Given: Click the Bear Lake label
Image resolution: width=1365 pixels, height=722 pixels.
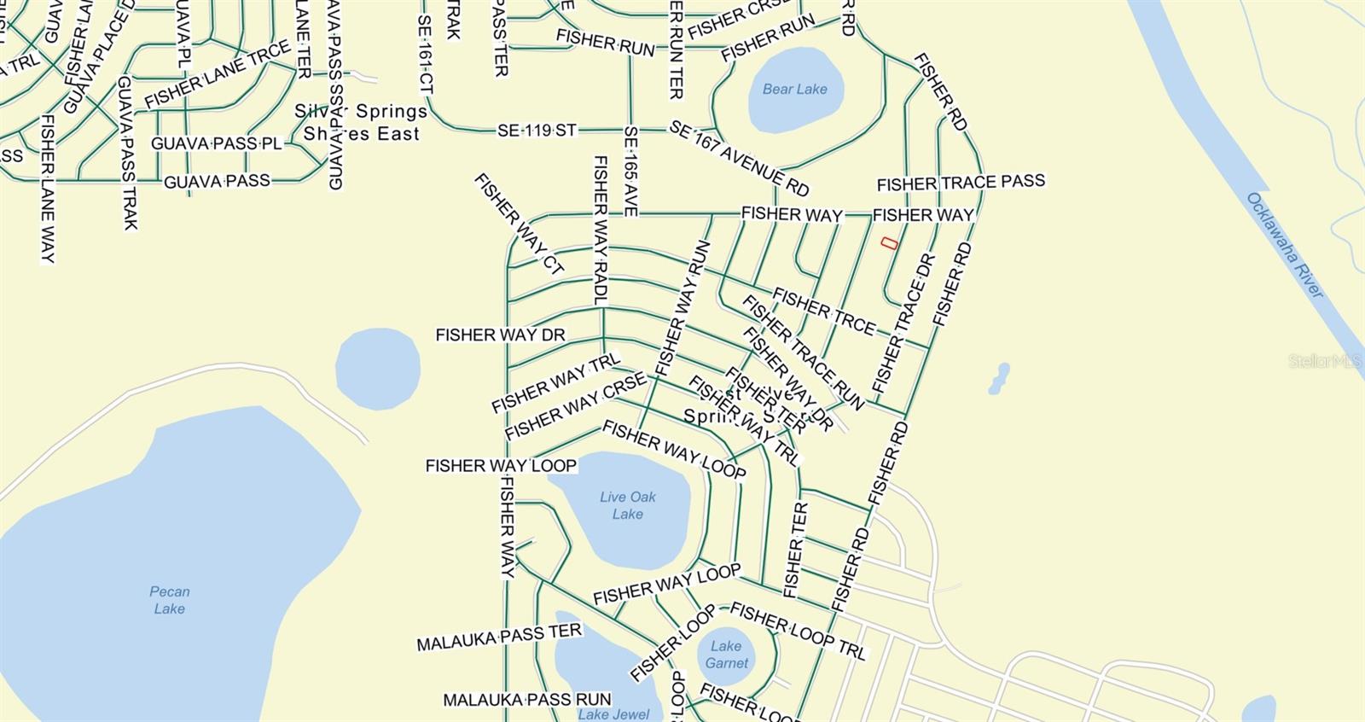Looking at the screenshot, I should (x=794, y=89).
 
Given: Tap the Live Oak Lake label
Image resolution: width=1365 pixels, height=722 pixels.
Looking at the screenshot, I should (x=627, y=505).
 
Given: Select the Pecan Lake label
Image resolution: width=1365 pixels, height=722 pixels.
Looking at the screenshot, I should (x=169, y=600).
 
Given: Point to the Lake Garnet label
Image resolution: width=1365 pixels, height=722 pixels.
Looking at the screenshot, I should (x=726, y=655).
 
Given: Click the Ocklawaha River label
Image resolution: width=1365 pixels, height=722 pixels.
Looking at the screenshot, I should (x=1285, y=245).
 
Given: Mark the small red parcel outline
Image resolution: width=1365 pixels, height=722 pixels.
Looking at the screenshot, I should (x=889, y=243).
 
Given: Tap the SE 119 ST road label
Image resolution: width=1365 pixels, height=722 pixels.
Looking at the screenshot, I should (x=537, y=131).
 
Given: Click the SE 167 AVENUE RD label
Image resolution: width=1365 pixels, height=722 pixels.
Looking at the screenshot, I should (x=739, y=159).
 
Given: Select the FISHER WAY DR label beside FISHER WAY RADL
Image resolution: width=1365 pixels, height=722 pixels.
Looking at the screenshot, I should (x=500, y=335).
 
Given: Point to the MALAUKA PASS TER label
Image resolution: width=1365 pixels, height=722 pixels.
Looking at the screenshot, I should (x=499, y=637).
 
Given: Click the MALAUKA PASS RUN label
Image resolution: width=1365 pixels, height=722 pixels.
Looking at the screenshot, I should (x=526, y=700).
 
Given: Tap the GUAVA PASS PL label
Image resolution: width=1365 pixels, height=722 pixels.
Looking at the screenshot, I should (x=217, y=143).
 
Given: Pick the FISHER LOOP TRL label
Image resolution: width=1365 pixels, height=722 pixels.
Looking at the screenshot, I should (x=798, y=632).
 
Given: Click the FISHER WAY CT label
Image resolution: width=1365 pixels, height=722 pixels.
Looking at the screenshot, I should (x=519, y=224).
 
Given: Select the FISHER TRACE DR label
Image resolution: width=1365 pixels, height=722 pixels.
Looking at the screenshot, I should (x=903, y=324).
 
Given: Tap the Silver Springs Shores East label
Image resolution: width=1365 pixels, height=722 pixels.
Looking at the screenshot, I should (x=361, y=122).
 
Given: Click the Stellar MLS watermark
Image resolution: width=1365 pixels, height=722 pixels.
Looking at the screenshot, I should (x=1325, y=362).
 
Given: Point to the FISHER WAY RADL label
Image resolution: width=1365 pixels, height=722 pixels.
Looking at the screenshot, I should (x=600, y=230).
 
